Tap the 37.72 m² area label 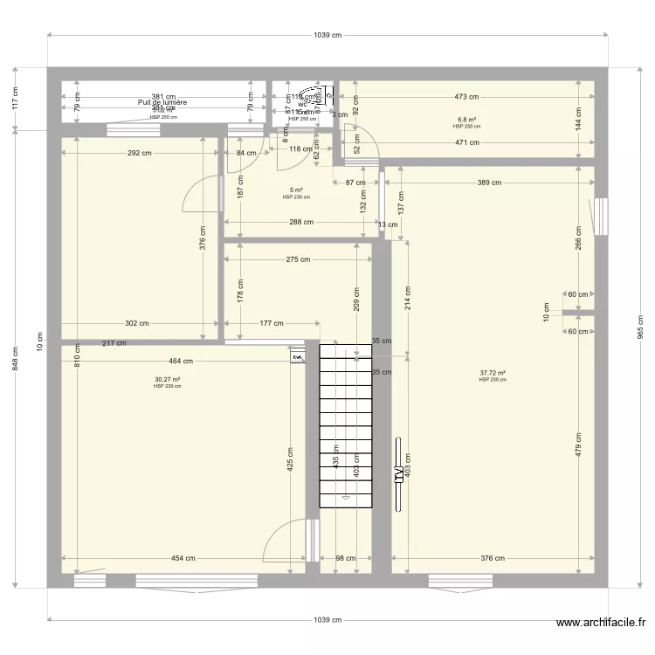tap(493, 373)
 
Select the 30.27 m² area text tap(167, 379)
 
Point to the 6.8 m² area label tap(466, 120)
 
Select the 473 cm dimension tap(466, 97)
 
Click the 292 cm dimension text tap(140, 154)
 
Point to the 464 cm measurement tap(181, 361)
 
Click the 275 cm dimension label tap(298, 259)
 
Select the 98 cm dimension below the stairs tap(345, 559)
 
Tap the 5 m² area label tap(296, 190)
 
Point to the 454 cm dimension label tap(183, 559)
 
